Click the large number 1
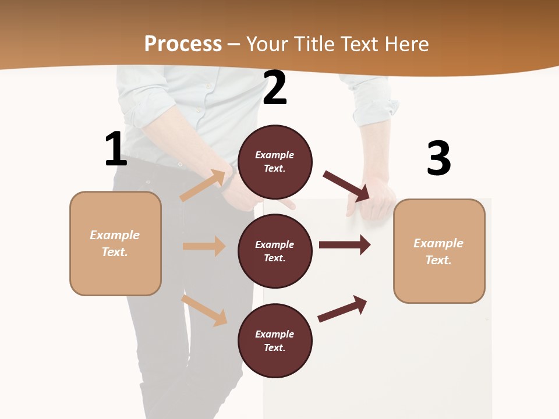116,150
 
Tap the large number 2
275,88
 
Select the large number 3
438,158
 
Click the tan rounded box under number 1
115,243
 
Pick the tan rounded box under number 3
439,251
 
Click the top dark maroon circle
275,162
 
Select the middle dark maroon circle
275,251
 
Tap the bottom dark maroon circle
275,340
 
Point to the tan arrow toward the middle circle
204,246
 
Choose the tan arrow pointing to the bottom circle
204,310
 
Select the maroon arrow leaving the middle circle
345,245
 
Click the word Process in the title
183,44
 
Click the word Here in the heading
406,44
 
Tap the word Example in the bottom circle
274,334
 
